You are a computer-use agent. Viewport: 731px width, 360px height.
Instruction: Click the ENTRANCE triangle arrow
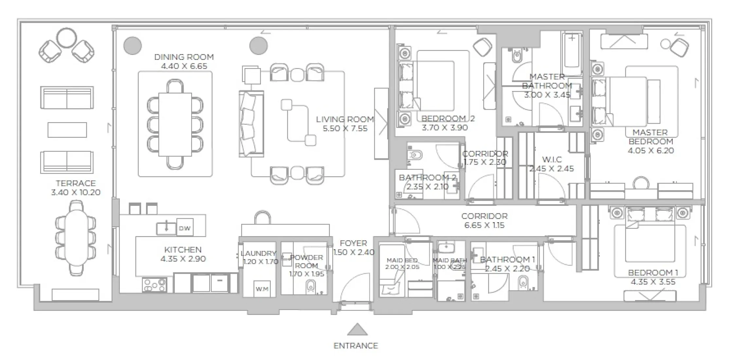(x=357, y=330)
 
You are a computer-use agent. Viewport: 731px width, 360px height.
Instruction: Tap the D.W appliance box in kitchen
(x=185, y=228)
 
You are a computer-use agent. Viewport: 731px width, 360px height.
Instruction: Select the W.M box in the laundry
(x=262, y=289)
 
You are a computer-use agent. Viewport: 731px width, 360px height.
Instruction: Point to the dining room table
(x=175, y=124)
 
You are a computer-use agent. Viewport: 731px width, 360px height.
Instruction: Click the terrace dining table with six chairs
(x=76, y=238)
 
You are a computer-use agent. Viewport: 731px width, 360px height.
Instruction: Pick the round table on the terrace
(x=66, y=38)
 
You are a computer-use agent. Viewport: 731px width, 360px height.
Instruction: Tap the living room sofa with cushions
(x=251, y=124)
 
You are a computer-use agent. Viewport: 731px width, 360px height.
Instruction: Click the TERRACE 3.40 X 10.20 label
(x=76, y=188)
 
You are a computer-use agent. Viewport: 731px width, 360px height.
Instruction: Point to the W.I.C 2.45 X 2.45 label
(x=552, y=164)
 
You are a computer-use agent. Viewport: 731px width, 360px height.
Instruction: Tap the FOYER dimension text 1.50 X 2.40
(x=354, y=252)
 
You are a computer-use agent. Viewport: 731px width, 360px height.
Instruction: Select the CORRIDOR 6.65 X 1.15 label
(x=484, y=221)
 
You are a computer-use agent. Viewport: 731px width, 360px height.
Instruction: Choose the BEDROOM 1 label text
(x=653, y=273)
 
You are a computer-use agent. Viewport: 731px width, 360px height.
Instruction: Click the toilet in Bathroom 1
(x=523, y=282)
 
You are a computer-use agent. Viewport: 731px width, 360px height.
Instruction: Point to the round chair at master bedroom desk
(x=641, y=183)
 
